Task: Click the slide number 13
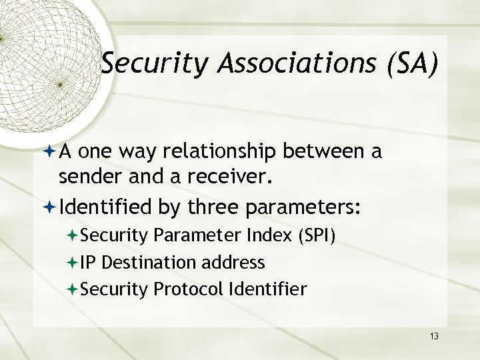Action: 434,335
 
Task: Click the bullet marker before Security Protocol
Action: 72,289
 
